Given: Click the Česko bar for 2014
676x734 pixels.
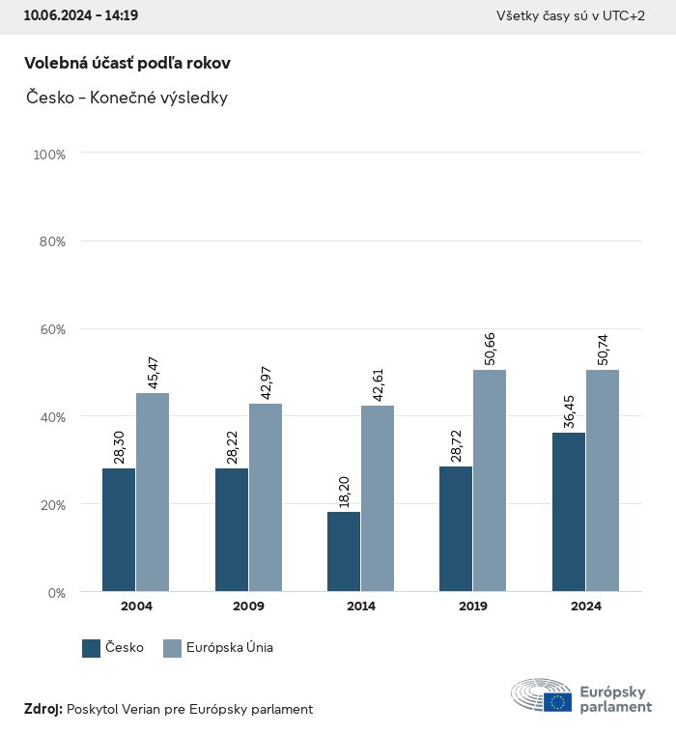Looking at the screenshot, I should (x=344, y=551).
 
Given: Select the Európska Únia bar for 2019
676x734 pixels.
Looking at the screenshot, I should (x=490, y=481).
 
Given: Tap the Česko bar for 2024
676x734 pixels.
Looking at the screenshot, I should (x=569, y=512).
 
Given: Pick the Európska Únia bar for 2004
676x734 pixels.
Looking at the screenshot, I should (x=153, y=493).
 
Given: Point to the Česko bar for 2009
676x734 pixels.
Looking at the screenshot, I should (x=232, y=530).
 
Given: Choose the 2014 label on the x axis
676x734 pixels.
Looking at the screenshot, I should (x=361, y=607).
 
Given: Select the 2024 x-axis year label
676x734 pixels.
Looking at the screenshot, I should (x=585, y=607).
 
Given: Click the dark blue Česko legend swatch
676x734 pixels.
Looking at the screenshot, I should (x=92, y=648).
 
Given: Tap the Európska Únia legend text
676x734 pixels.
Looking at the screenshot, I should (x=230, y=648).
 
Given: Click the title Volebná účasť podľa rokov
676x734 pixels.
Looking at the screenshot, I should (x=127, y=63).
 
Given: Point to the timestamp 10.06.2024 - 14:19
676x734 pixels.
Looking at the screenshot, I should (x=81, y=15).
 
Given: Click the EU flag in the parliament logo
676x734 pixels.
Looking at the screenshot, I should (x=557, y=702).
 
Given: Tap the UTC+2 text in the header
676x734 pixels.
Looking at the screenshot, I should (x=625, y=15).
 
